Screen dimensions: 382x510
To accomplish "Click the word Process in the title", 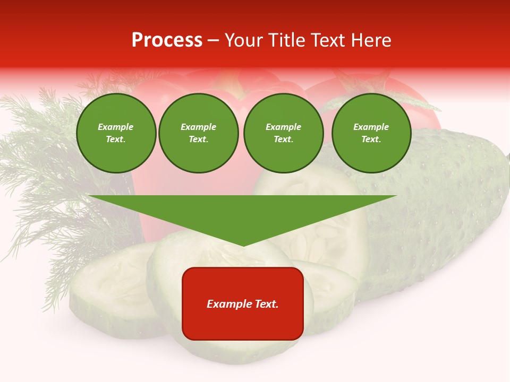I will [x=167, y=40].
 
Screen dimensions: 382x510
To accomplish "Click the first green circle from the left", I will [x=116, y=133].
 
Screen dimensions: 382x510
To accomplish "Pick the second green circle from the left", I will [x=199, y=133].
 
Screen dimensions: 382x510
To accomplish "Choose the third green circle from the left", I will [x=283, y=133].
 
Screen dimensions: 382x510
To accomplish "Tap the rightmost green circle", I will [x=371, y=133].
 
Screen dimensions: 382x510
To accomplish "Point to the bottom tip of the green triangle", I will [x=243, y=245].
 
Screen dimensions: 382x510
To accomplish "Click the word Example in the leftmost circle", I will [x=116, y=127].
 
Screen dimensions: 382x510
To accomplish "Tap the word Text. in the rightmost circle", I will [x=371, y=140].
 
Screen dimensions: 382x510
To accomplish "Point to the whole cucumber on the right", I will [x=446, y=207].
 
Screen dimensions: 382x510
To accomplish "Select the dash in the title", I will [x=213, y=41].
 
